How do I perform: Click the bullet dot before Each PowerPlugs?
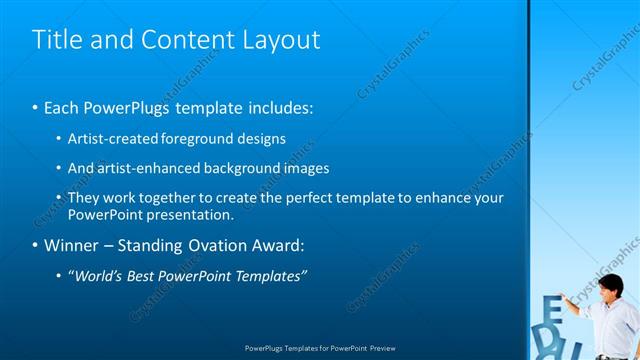(x=36, y=107)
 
